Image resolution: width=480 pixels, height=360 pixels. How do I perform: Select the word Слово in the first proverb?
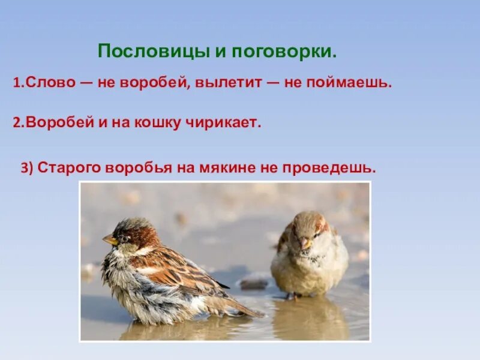click(47, 83)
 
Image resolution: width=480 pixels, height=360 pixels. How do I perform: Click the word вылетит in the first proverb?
click(229, 83)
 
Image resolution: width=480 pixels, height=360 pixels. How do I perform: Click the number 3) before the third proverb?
click(27, 169)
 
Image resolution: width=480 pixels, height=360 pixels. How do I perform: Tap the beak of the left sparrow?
click(109, 240)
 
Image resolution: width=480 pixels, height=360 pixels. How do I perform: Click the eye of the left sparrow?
click(124, 237)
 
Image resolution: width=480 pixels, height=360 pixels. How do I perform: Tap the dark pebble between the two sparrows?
click(254, 283)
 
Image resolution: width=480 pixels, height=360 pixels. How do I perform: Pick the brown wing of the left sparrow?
click(180, 270)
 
